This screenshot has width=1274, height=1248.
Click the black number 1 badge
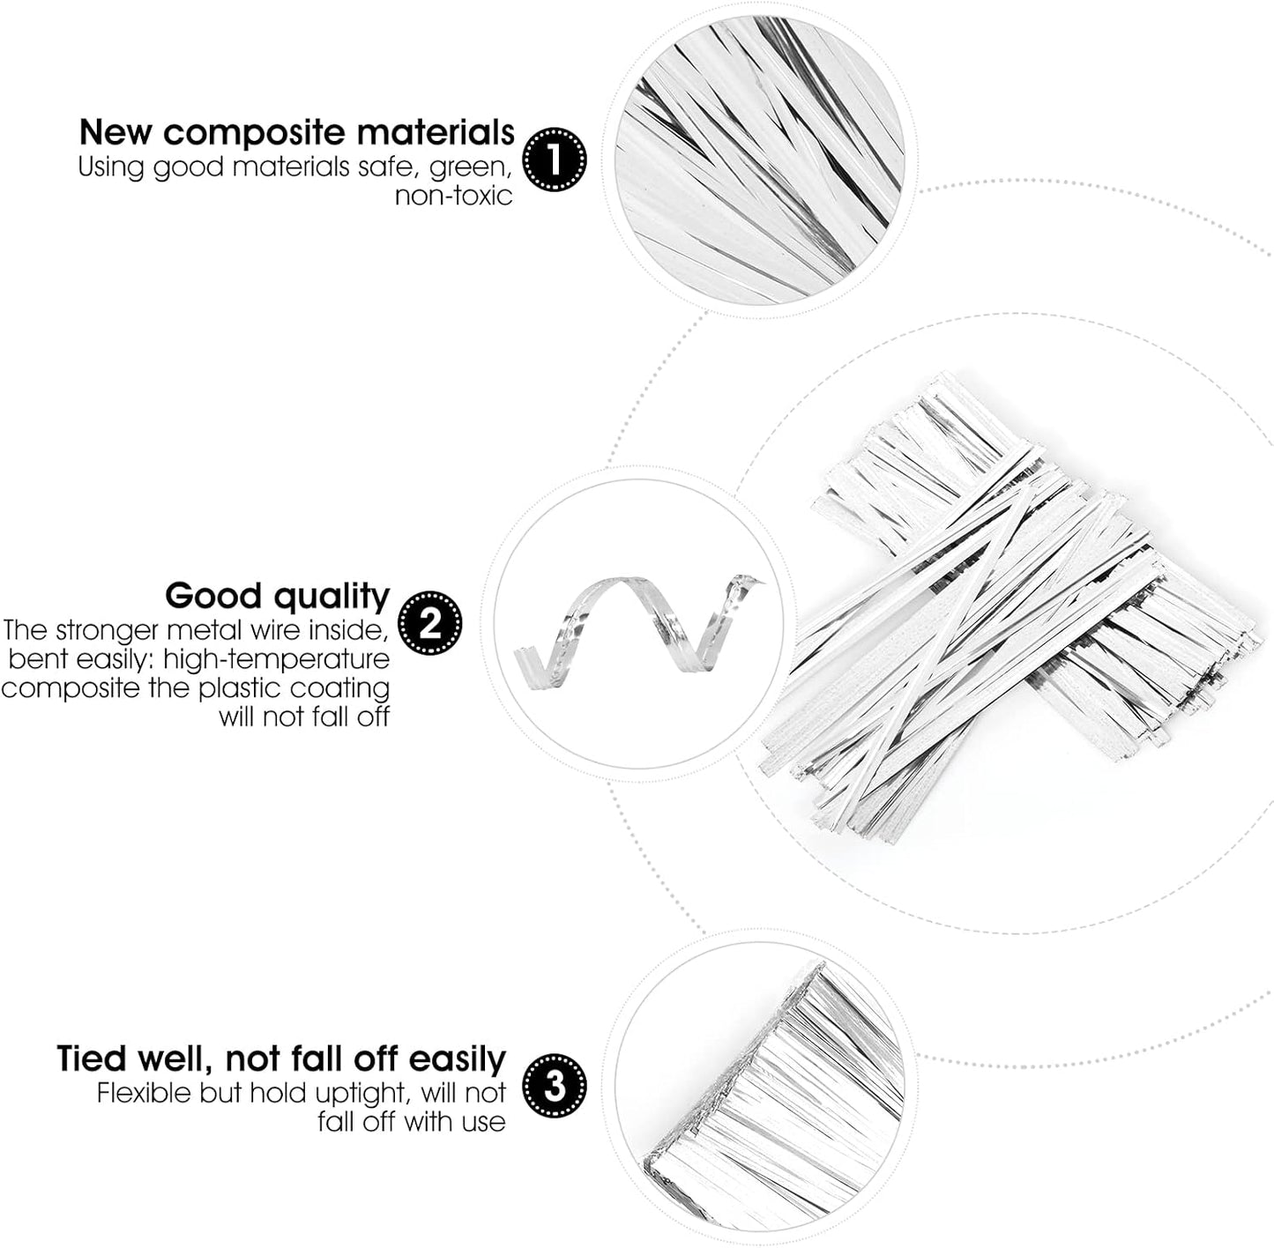click(554, 160)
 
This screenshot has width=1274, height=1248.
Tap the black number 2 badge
click(430, 622)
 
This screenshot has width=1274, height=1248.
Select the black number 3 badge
click(554, 1086)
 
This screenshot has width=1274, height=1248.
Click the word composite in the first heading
click(255, 134)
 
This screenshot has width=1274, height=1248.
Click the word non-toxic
click(453, 196)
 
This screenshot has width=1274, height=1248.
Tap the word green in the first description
click(471, 167)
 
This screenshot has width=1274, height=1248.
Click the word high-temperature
click(277, 659)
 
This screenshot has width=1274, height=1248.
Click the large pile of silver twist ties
click(1011, 608)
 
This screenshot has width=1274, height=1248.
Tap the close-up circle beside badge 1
click(760, 160)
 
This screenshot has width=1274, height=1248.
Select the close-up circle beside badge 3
click(760, 1087)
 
